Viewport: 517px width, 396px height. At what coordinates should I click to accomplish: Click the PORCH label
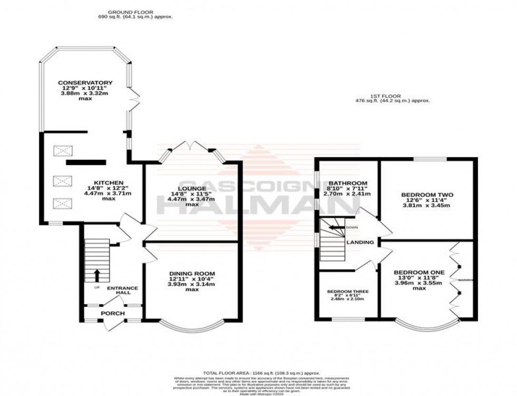pos(113,313)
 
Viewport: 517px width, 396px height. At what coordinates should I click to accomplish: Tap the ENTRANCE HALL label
pos(122,291)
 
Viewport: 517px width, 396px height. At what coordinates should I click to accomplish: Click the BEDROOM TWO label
pos(427,195)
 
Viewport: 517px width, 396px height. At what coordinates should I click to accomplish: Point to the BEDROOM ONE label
pos(419,272)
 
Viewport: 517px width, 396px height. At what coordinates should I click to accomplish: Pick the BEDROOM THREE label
pos(348,292)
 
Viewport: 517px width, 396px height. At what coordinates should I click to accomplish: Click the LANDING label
pos(360,243)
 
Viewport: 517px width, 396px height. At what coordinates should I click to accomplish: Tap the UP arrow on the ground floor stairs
pos(97,275)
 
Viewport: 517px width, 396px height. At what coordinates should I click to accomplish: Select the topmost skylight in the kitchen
pos(62,152)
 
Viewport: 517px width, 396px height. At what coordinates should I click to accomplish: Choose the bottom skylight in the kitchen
pos(62,204)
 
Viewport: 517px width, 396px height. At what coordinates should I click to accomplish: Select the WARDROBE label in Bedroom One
pos(465,280)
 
